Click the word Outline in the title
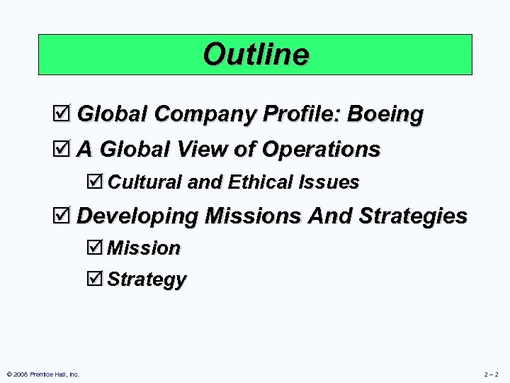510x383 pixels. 256,55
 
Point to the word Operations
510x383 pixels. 321,150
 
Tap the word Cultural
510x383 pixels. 144,182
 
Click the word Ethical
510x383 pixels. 259,182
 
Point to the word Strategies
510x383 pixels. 414,216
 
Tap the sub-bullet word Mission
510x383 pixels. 144,248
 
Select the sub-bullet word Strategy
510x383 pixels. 147,279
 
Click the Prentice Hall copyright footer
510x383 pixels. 43,374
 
